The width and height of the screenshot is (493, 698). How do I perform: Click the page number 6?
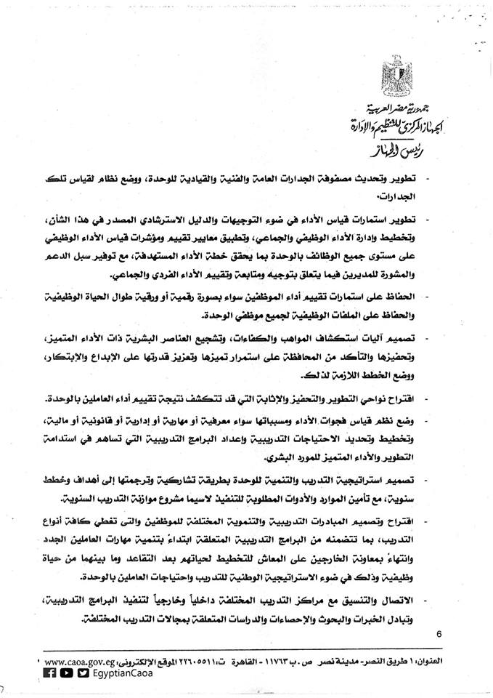tap(439, 633)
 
